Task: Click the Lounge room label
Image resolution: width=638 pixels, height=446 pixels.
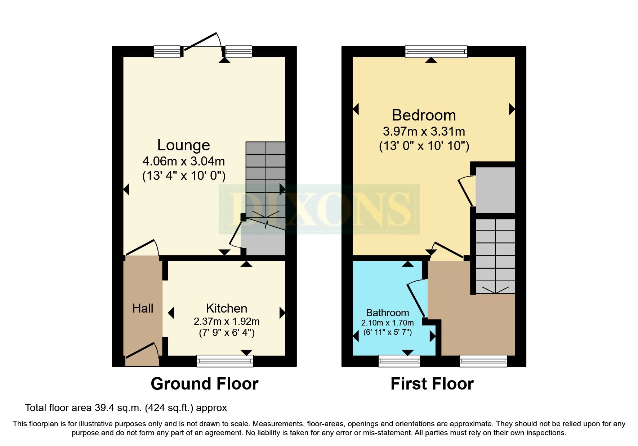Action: click(x=183, y=145)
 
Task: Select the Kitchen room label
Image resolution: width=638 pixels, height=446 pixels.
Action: click(x=226, y=308)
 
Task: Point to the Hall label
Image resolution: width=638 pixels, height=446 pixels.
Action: click(x=143, y=308)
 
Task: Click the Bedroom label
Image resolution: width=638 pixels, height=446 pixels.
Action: click(x=424, y=115)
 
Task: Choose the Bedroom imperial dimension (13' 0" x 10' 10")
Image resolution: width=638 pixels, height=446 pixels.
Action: click(x=424, y=146)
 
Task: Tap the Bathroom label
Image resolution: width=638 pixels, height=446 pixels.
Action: click(x=387, y=313)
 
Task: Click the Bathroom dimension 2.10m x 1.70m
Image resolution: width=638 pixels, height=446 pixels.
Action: click(x=387, y=323)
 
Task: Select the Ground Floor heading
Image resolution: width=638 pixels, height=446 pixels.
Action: click(x=204, y=384)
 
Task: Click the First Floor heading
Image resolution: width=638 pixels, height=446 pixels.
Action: click(x=432, y=384)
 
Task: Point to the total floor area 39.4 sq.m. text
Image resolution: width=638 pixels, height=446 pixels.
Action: click(x=126, y=408)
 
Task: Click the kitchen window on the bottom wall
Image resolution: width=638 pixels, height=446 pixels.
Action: click(x=225, y=361)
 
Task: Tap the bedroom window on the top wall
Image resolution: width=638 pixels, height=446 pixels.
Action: click(x=436, y=51)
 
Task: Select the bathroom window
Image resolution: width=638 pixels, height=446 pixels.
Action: click(x=399, y=361)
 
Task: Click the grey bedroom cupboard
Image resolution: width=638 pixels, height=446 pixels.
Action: click(x=495, y=190)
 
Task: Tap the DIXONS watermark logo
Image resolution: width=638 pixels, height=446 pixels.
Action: click(x=319, y=209)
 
